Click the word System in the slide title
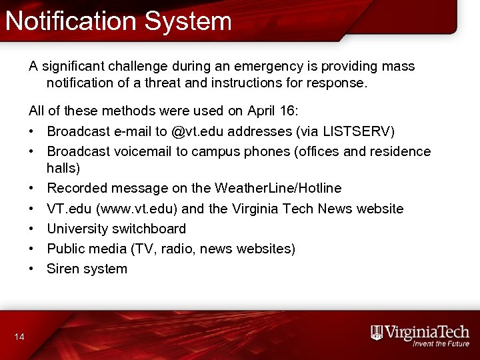click(x=188, y=21)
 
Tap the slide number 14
click(x=19, y=337)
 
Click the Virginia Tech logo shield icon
click(x=377, y=333)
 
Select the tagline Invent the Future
click(x=441, y=344)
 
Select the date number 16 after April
click(x=291, y=111)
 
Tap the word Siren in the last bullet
click(x=63, y=269)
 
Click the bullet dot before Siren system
click(x=32, y=269)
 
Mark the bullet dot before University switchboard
click(x=32, y=229)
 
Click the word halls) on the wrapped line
click(x=63, y=168)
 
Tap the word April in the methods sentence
click(x=263, y=111)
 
